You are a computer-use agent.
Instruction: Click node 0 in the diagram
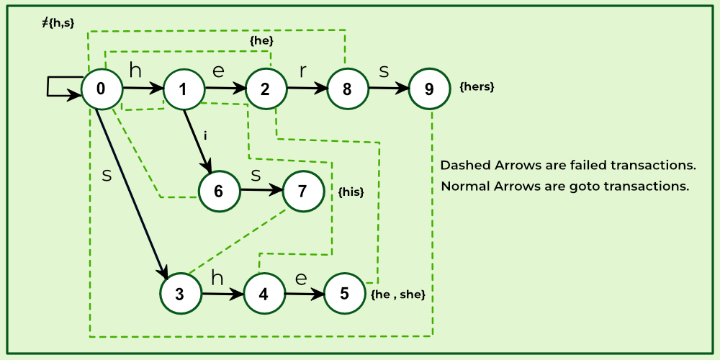100,89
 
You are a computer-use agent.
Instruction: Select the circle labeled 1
183,89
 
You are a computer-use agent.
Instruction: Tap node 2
265,89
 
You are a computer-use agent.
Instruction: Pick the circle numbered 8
347,89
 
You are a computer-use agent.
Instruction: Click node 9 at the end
429,89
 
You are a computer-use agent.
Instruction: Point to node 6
218,191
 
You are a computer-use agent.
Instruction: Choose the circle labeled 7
302,191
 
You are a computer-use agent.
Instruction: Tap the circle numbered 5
345,293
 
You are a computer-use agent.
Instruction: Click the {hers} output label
477,87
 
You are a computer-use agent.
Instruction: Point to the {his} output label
351,192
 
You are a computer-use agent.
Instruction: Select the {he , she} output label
398,294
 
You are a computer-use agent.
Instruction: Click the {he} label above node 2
261,41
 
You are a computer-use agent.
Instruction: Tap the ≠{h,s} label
58,23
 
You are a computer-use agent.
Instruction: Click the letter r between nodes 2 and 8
303,71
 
